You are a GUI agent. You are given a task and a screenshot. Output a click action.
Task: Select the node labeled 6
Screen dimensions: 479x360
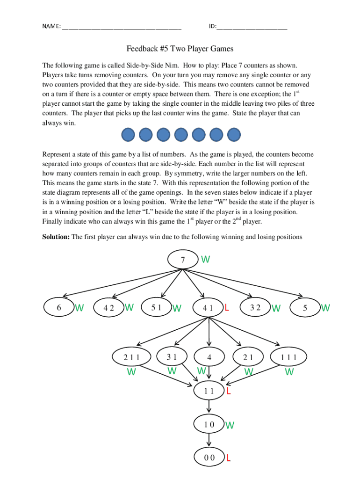(58, 307)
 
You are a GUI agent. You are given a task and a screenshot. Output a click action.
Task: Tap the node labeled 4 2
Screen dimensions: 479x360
(108, 308)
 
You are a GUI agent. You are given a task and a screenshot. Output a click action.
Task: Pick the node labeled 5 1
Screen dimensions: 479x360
(156, 307)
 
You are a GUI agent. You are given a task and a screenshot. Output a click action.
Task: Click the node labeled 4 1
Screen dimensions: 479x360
(208, 308)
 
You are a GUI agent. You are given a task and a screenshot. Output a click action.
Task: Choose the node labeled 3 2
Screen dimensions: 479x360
(255, 307)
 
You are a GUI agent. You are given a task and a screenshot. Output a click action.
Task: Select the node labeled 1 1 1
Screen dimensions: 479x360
(289, 357)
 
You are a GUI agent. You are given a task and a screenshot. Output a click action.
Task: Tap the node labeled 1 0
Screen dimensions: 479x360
(209, 424)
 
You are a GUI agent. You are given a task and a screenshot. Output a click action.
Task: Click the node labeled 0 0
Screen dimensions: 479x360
(209, 457)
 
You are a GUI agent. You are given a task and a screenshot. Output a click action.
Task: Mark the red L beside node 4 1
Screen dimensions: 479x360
(227, 308)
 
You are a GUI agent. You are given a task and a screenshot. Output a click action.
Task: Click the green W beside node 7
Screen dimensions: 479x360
(205, 259)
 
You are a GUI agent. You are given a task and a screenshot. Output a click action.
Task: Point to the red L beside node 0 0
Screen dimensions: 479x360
(229, 458)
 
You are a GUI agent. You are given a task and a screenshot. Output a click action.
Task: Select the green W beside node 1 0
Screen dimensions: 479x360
(230, 425)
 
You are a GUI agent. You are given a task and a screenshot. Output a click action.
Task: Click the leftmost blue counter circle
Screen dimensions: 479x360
(129, 135)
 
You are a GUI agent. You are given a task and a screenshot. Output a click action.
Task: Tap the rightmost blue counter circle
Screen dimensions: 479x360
(233, 135)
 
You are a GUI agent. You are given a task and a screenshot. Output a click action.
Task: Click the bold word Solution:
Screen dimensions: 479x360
(56, 237)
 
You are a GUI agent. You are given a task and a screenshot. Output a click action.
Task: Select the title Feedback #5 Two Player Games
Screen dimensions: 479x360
(180, 49)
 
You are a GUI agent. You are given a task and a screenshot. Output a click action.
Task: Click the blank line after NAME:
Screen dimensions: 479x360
(121, 27)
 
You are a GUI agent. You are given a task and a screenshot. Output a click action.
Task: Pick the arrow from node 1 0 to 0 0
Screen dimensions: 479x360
(209, 441)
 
